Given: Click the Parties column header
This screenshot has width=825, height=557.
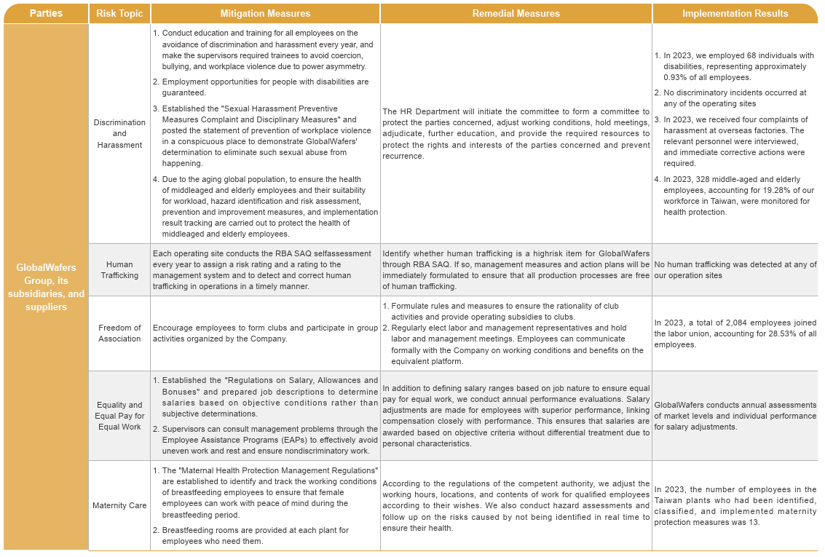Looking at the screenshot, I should [x=46, y=13].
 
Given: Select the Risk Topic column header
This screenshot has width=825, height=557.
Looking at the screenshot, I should [x=119, y=13].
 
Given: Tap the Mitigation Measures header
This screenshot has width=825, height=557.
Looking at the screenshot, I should [x=265, y=13].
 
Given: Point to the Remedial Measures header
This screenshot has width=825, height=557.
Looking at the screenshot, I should [x=516, y=13].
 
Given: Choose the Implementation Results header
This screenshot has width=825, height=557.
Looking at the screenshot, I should [x=735, y=13].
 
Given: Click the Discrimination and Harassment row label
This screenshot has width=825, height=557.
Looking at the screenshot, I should [x=119, y=133].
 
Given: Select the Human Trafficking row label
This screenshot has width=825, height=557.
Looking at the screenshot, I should [x=119, y=270].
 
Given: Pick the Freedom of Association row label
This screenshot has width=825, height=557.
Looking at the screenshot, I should [x=119, y=333].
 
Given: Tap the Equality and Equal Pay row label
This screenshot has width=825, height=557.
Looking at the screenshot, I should [x=119, y=416].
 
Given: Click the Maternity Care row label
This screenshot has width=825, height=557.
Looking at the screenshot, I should [x=119, y=505].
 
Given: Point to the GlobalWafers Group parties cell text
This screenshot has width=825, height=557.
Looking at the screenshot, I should [x=46, y=287].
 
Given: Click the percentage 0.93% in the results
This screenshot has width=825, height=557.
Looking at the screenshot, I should [x=676, y=77].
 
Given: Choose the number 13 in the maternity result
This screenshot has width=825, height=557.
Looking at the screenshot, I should [x=755, y=522].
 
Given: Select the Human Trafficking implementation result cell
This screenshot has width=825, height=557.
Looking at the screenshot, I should [x=735, y=270].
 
